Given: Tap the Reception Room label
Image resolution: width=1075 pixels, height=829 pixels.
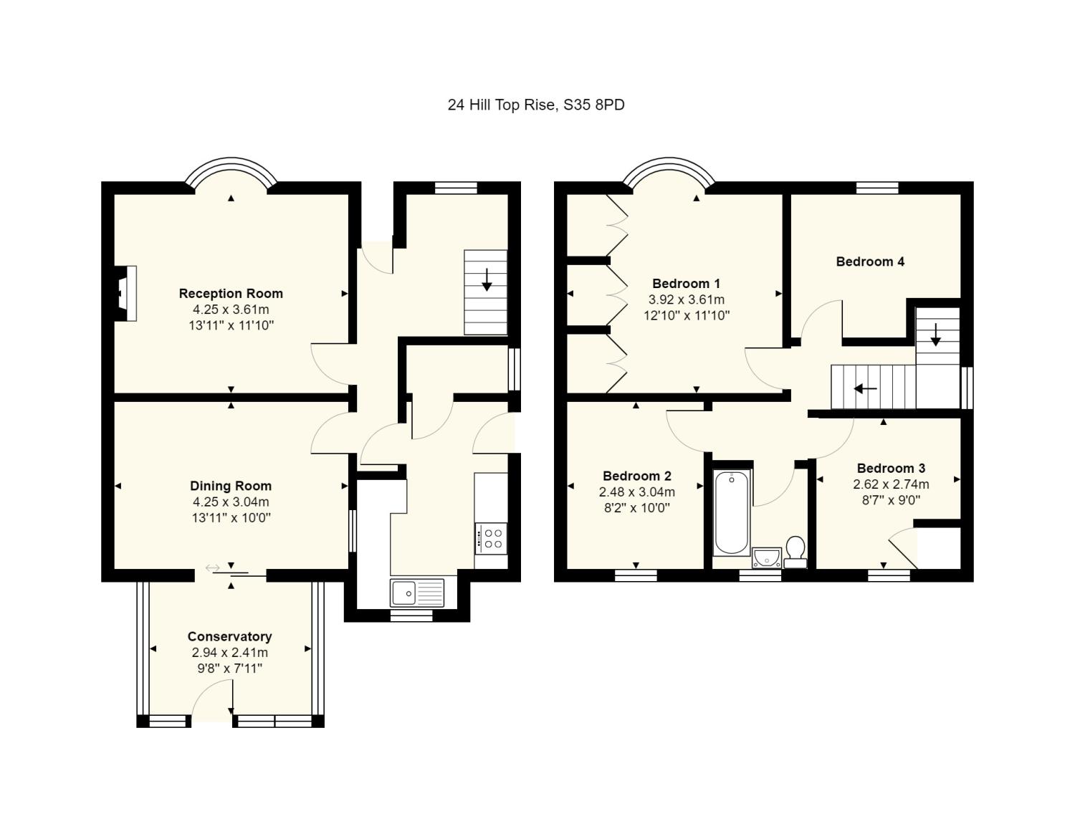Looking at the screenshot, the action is (231, 293).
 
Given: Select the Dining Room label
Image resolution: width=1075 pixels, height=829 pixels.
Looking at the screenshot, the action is (231, 486).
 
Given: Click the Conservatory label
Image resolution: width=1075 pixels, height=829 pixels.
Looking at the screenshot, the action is (229, 636).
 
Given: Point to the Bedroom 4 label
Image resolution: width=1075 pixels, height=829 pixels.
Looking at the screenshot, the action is (870, 261).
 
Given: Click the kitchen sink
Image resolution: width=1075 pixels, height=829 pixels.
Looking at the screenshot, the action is (417, 593).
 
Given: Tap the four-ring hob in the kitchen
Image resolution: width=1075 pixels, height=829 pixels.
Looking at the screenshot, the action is (491, 539).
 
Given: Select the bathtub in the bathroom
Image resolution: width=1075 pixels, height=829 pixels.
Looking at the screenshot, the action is (732, 512).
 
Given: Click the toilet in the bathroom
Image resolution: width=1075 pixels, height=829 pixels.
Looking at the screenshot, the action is (795, 552).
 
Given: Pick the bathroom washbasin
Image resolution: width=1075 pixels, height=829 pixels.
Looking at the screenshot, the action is (767, 558).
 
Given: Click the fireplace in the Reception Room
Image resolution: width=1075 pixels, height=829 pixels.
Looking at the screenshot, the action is (125, 294).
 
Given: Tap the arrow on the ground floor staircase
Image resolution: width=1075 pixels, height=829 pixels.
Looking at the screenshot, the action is (487, 279).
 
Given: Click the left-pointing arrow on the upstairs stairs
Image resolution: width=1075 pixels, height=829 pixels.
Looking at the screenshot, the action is (865, 389).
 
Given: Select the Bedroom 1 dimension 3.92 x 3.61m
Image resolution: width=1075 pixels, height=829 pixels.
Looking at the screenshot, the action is (687, 300).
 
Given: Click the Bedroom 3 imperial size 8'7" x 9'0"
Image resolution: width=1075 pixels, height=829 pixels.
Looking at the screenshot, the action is (891, 500).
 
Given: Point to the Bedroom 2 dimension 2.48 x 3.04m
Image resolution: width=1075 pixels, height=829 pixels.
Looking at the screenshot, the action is (636, 492).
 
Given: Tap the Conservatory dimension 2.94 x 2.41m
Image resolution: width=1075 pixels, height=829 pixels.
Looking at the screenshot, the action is (229, 652).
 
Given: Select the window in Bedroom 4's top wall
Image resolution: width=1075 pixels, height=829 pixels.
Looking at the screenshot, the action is (877, 188).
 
